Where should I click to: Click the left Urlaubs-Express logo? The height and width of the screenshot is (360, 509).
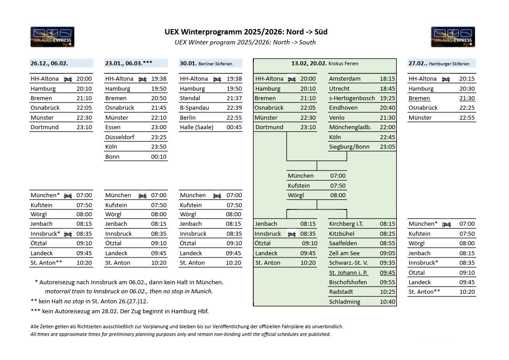point(52,37)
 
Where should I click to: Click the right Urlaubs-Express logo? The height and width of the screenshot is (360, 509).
point(453,37)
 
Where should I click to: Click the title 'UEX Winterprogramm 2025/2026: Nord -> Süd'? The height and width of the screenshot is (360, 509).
point(246,32)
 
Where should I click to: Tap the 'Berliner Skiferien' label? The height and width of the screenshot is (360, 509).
point(215,64)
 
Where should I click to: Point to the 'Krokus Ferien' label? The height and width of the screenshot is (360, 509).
point(343,64)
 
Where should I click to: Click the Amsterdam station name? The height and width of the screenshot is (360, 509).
point(345,79)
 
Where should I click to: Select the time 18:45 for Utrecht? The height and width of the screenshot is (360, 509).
point(387,89)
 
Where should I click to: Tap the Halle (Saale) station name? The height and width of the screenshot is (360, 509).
point(196,127)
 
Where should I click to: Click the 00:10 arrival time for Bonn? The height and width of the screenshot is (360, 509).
point(159,157)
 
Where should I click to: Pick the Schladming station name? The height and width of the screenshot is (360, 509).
point(344,302)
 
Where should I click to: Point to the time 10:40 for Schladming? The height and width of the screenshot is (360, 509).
point(387,302)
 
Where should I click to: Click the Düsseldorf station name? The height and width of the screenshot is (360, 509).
point(120,137)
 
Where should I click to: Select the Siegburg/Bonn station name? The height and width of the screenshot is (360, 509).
point(349,147)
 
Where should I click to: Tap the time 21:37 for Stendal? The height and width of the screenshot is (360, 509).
point(234,98)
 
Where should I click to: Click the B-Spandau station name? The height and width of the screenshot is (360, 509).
point(194,108)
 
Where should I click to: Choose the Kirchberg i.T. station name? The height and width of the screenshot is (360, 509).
point(346,224)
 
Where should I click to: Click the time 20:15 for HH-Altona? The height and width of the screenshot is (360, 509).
point(467,79)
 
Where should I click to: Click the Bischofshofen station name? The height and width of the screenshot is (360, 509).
point(348,282)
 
